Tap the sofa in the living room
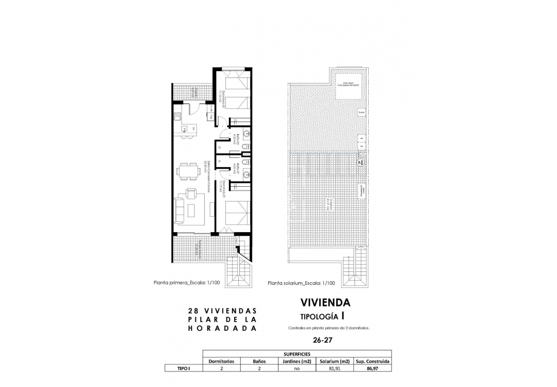tap(180, 211)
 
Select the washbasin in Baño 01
tap(247, 174)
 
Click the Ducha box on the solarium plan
tap(362, 112)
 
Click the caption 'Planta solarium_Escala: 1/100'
tap(302, 283)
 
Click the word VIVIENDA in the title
tap(325, 302)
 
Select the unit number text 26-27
tap(323, 340)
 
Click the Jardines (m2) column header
tap(297, 361)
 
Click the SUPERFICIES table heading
tap(297, 354)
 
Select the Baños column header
tap(259, 361)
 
